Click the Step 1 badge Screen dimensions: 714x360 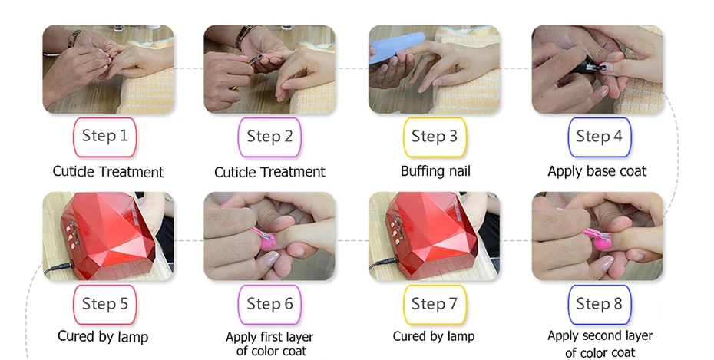(x=104, y=137)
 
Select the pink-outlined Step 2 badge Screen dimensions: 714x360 (x=269, y=137)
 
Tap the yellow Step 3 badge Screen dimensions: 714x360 (x=435, y=137)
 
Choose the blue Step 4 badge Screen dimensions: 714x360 (x=600, y=137)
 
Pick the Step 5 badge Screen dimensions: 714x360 (x=104, y=304)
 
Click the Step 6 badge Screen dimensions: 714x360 (x=269, y=304)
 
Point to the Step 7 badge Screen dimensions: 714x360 (x=435, y=304)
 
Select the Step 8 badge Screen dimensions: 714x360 (x=600, y=304)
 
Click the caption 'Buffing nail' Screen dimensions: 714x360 (x=435, y=171)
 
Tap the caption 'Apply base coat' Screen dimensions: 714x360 (x=597, y=171)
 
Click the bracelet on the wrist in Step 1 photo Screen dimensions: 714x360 (x=75, y=38)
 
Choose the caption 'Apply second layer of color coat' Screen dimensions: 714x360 (x=600, y=344)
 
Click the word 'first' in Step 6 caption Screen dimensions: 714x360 (x=273, y=337)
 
